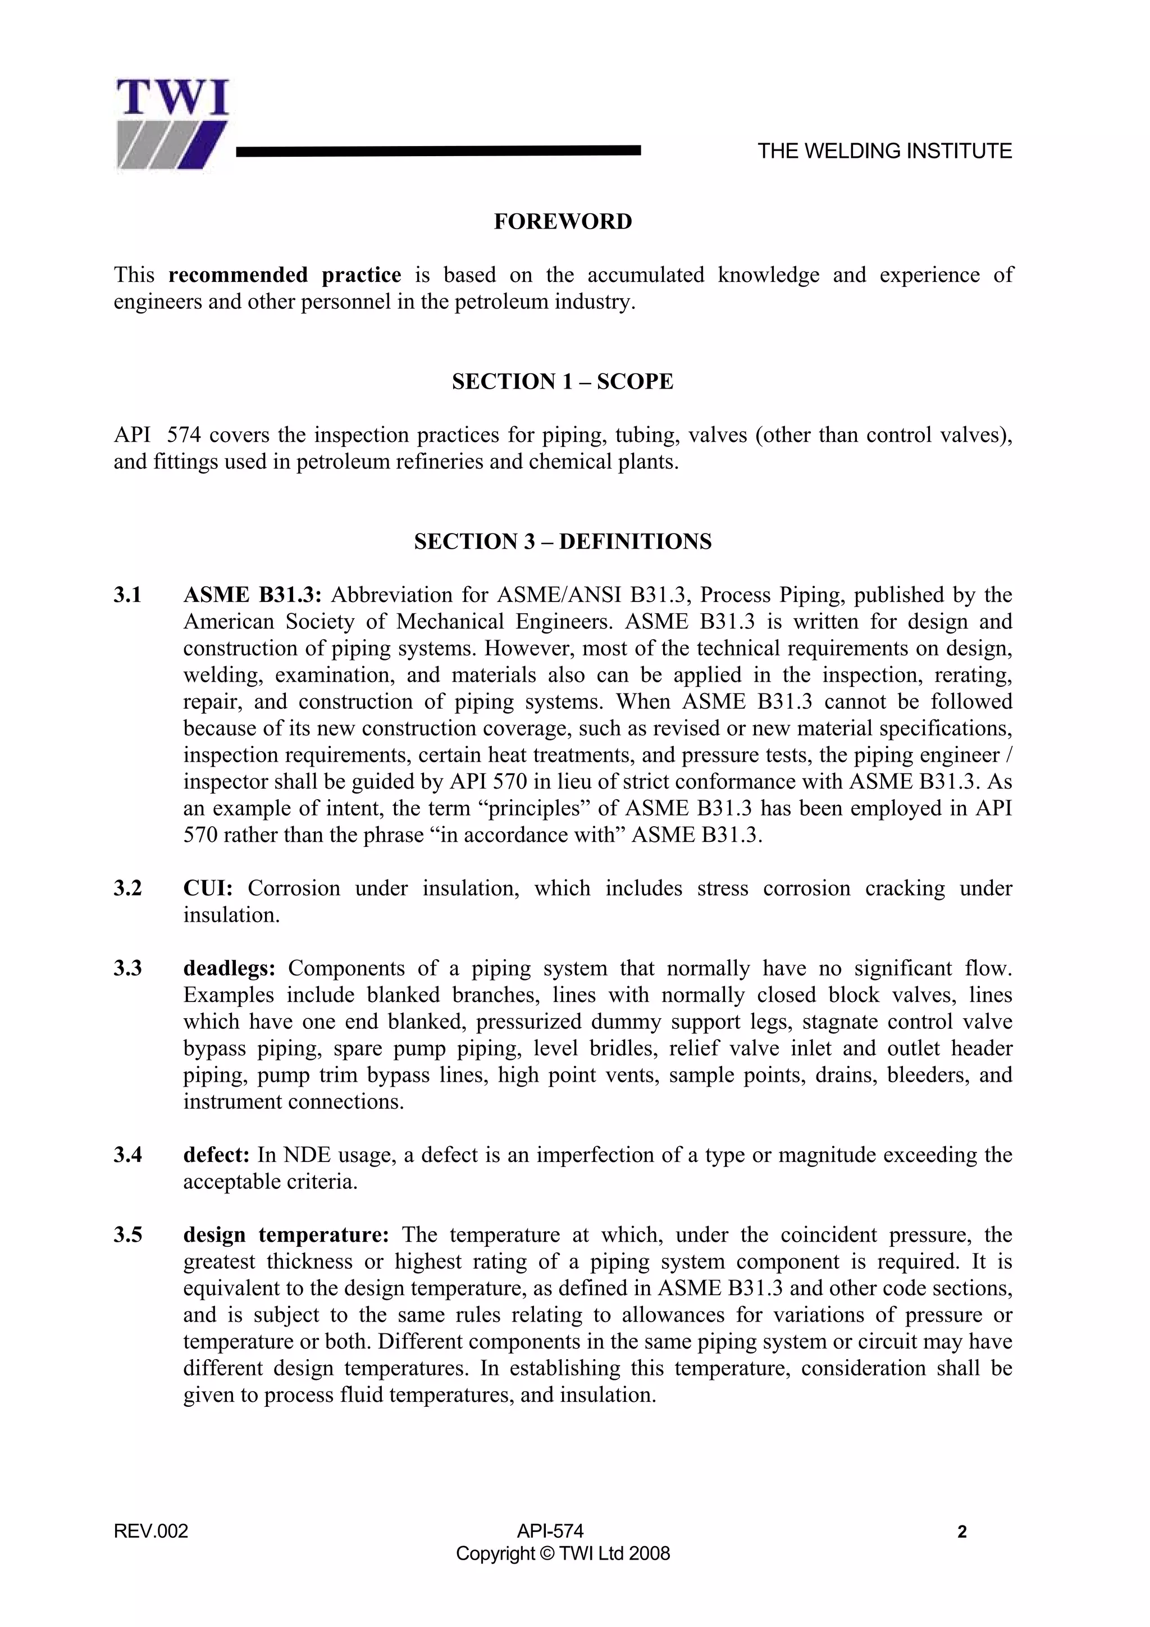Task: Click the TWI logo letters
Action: tap(172, 98)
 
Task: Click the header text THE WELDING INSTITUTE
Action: tap(884, 151)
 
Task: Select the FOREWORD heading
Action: tap(563, 222)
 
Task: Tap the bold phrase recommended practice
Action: tap(285, 275)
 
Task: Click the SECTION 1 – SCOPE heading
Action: tap(563, 382)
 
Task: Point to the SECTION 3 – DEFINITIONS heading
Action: tap(563, 542)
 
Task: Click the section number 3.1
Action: tap(128, 595)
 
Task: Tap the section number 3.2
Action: tap(128, 888)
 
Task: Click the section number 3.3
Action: tap(128, 969)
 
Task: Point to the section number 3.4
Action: tap(128, 1155)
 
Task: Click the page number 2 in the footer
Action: tap(961, 1533)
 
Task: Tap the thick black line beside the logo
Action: tap(438, 150)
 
